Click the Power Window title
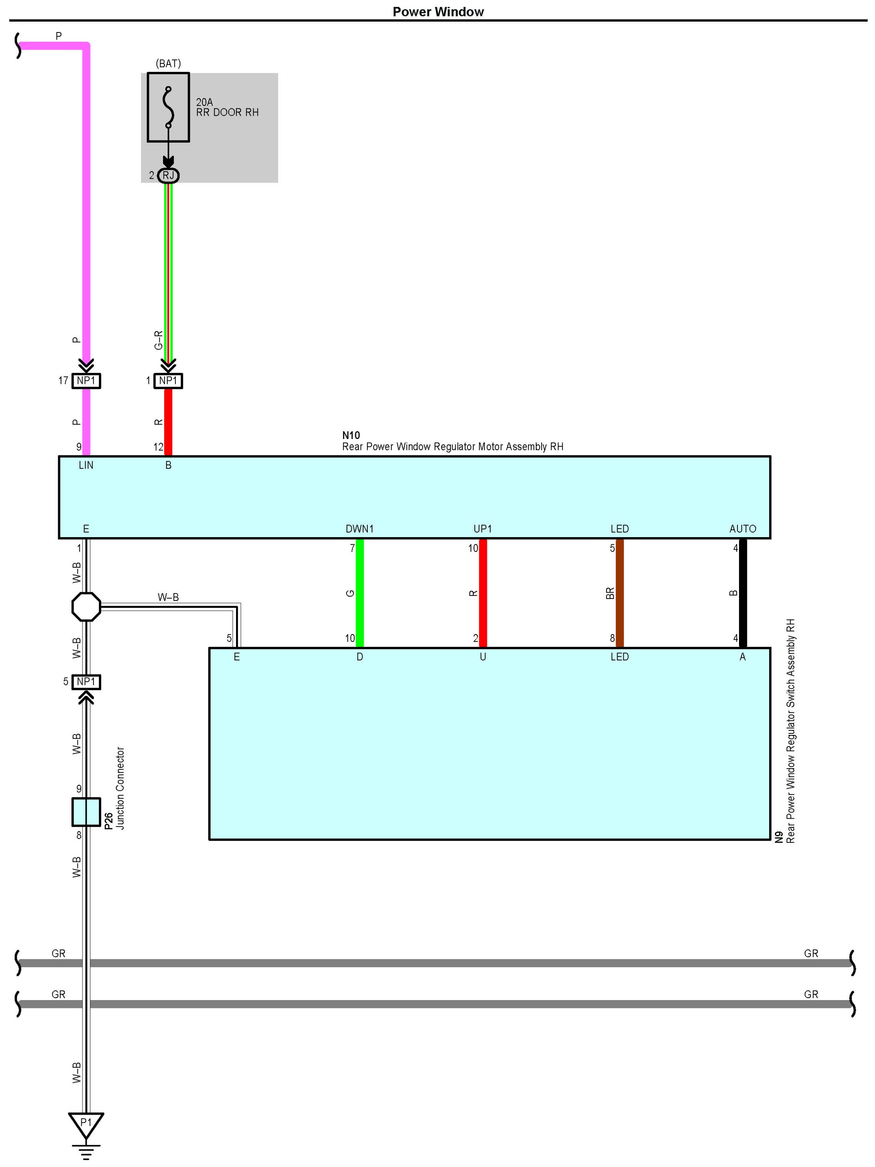click(x=438, y=12)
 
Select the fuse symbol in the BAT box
click(x=168, y=108)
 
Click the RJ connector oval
click(x=168, y=175)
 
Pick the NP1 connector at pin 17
click(x=86, y=380)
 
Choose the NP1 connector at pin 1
click(x=168, y=380)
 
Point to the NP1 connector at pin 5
click(x=86, y=681)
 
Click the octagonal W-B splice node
click(x=86, y=607)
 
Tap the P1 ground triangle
click(x=86, y=1124)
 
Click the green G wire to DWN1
click(x=360, y=593)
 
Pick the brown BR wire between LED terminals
click(x=620, y=593)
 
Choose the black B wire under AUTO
click(x=743, y=593)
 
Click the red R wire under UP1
click(x=483, y=593)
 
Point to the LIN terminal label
click(x=86, y=465)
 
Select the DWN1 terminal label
click(x=360, y=529)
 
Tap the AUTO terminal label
click(x=743, y=529)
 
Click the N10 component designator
click(x=351, y=435)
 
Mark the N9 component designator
click(x=779, y=837)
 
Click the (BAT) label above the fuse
click(x=168, y=63)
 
